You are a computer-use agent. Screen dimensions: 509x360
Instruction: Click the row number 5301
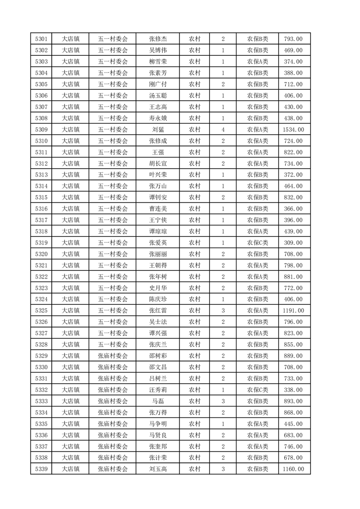pyautogui.click(x=41, y=39)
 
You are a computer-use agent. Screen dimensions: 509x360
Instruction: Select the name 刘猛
pyautogui.click(x=158, y=130)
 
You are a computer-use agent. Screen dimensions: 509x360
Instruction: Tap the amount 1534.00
pyautogui.click(x=293, y=130)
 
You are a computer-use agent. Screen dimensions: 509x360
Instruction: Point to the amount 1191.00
pyautogui.click(x=293, y=311)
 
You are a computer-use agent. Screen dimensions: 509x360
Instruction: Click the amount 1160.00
pyautogui.click(x=293, y=469)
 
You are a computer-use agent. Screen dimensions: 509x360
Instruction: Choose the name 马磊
pyautogui.click(x=158, y=401)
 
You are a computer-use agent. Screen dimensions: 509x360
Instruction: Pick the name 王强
pyautogui.click(x=158, y=152)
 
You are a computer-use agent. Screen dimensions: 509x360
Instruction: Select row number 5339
pyautogui.click(x=41, y=469)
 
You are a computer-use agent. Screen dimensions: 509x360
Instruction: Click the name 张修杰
pyautogui.click(x=158, y=39)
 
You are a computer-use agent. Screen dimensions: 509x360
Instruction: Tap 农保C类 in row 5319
pyautogui.click(x=257, y=243)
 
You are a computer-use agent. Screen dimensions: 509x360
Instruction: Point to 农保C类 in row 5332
pyautogui.click(x=257, y=390)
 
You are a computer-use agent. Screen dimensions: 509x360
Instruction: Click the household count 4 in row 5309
pyautogui.click(x=223, y=130)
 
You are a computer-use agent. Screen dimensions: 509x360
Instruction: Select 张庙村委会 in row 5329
pyautogui.click(x=113, y=356)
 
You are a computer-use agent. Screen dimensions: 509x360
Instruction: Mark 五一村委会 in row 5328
pyautogui.click(x=113, y=344)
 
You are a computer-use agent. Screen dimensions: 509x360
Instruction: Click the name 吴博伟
pyautogui.click(x=158, y=50)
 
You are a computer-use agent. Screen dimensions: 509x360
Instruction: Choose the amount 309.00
pyautogui.click(x=293, y=243)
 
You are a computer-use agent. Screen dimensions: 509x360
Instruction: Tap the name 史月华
pyautogui.click(x=158, y=288)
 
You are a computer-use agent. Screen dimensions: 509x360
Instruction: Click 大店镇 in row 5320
pyautogui.click(x=71, y=254)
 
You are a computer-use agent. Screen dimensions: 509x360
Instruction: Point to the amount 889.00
pyautogui.click(x=293, y=356)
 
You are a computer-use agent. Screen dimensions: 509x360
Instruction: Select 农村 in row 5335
pyautogui.click(x=195, y=424)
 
